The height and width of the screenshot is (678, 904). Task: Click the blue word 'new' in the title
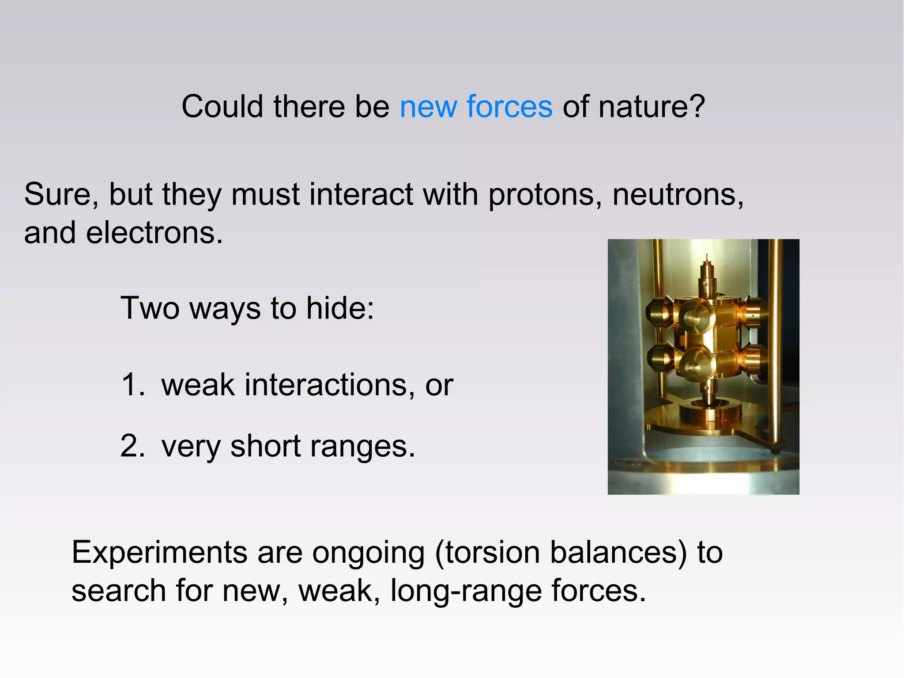428,107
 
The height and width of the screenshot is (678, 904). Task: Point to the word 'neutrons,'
678,195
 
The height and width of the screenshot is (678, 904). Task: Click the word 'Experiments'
159,553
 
